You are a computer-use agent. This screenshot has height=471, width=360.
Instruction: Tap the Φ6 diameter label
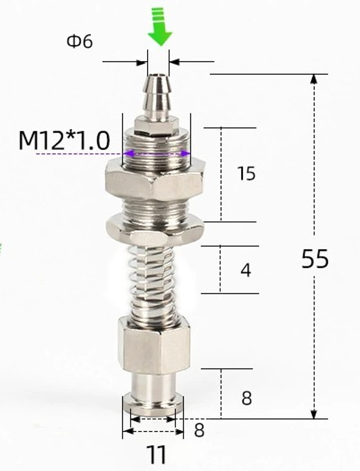[79, 42]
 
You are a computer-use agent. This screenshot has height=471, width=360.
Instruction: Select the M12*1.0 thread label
[64, 141]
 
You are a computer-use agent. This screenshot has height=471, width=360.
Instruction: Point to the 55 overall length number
[314, 259]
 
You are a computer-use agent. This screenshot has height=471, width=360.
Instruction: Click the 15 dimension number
[246, 174]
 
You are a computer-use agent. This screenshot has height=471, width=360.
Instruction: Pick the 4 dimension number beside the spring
[245, 271]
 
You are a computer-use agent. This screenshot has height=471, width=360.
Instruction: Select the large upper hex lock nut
[156, 178]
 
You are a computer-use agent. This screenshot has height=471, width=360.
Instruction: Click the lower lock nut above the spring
[156, 230]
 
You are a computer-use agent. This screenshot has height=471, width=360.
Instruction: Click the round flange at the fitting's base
[154, 405]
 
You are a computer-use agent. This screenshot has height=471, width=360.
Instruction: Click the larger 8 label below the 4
[246, 398]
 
